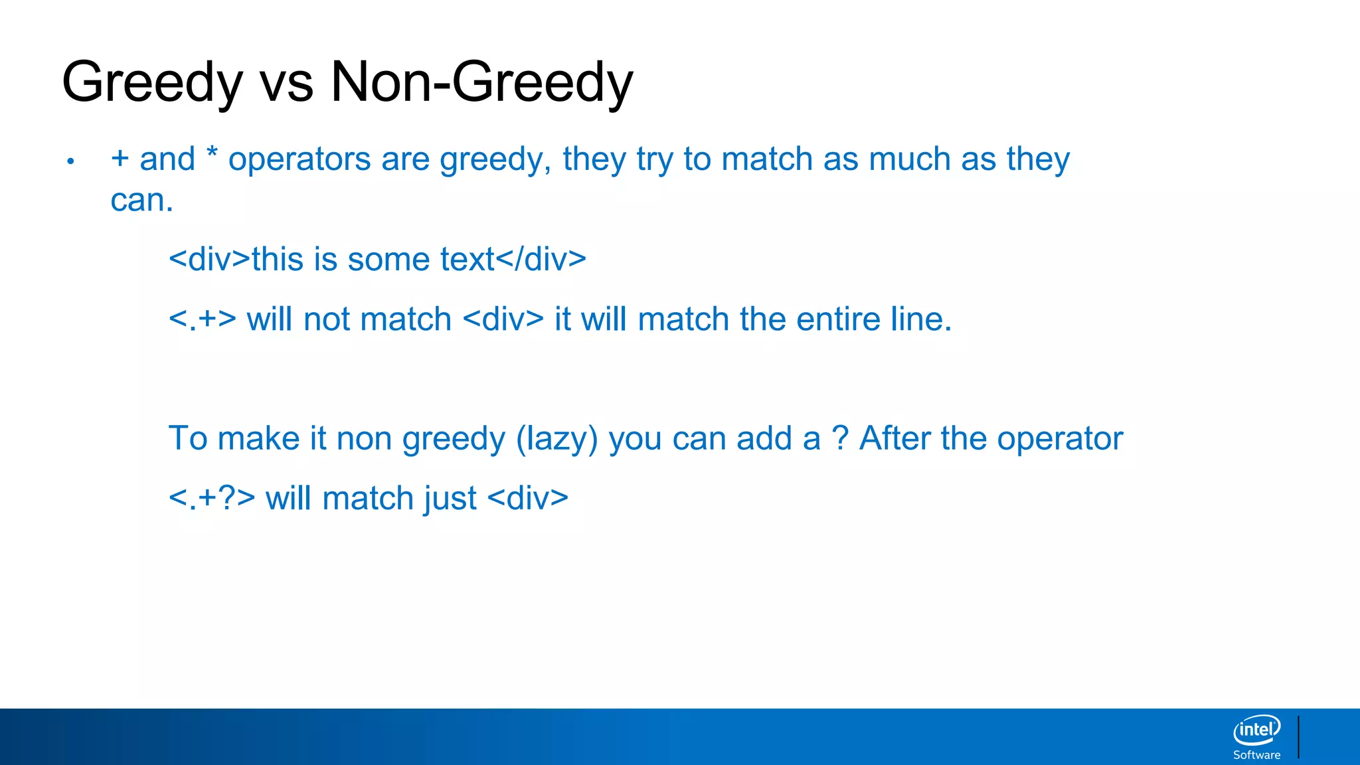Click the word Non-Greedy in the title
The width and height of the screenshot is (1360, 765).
(481, 82)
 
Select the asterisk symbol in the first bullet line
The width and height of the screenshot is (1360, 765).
(212, 153)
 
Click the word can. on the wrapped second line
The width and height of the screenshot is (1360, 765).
(141, 201)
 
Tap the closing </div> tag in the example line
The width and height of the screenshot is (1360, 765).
(541, 259)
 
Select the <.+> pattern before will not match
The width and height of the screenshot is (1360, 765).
(203, 319)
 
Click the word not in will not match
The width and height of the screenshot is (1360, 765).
(327, 319)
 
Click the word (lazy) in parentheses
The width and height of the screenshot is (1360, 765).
(557, 439)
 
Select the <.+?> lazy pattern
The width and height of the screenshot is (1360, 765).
(212, 499)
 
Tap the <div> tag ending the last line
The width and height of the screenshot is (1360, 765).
(528, 499)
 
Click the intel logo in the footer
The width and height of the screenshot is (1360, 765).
(1256, 730)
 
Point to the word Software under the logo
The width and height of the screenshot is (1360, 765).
(1256, 755)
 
